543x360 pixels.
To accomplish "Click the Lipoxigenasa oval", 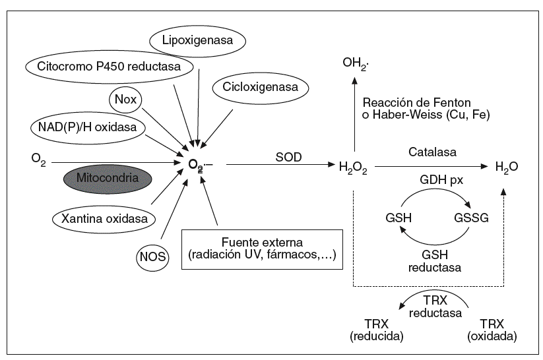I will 198,41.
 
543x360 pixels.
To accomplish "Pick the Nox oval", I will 125,100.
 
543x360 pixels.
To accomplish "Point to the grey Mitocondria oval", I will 107,178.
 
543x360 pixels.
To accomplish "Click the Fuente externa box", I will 263,248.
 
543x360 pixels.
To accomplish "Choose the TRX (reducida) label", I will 376,329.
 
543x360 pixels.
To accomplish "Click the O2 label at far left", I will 38,160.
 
